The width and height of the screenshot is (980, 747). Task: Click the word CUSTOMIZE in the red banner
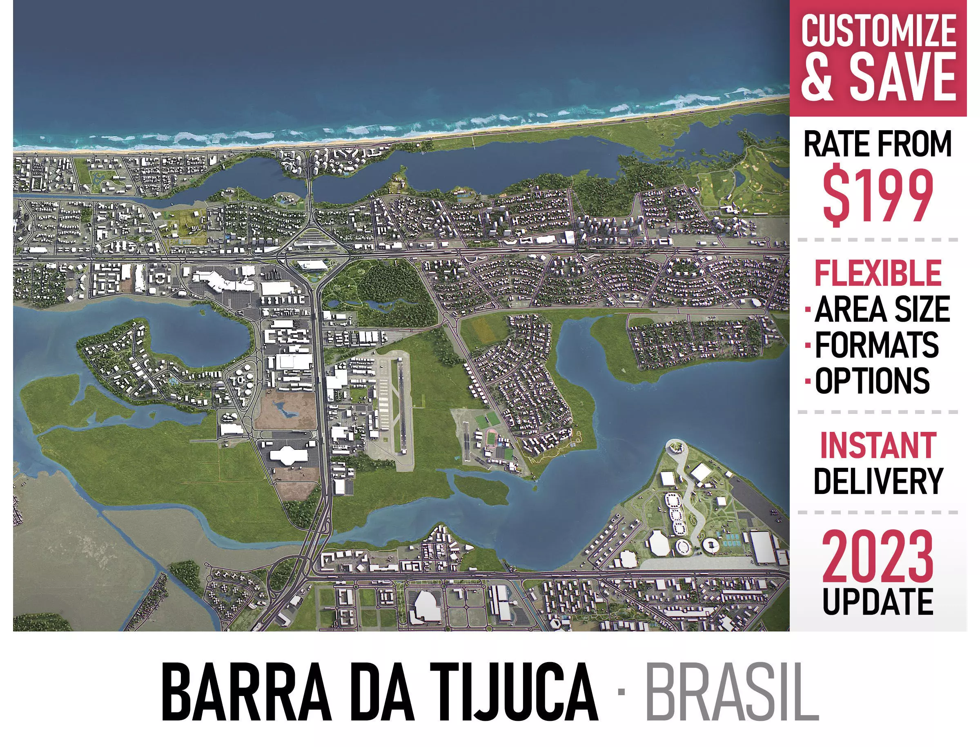click(878, 30)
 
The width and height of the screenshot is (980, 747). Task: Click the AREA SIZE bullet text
click(882, 309)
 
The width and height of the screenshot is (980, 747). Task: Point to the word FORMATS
click(876, 345)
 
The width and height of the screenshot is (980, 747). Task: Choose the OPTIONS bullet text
click(872, 380)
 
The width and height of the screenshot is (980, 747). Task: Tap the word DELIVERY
click(878, 481)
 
